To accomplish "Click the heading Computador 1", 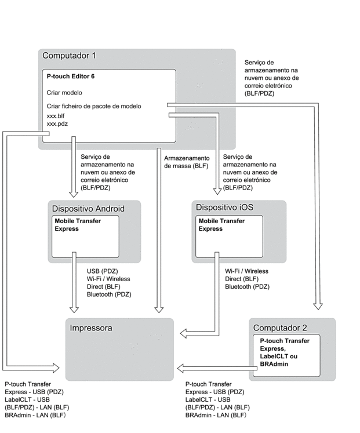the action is [69, 56].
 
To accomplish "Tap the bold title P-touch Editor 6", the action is [70, 76].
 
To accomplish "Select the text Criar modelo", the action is [64, 93].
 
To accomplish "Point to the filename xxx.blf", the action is [56, 116].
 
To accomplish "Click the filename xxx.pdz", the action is [57, 123].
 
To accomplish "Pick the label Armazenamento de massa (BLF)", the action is [187, 162].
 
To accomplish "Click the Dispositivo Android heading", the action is [88, 209].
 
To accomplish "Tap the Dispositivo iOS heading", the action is [224, 207].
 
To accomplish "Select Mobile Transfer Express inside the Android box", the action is [78, 225].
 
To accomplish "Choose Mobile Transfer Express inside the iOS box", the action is [221, 225].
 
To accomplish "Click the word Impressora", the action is [91, 328].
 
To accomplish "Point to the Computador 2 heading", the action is [280, 328].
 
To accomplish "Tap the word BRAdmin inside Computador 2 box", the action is [274, 364].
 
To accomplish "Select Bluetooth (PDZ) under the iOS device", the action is [247, 287].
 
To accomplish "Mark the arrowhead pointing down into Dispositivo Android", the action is [74, 194].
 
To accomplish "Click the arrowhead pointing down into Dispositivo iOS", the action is [217, 191].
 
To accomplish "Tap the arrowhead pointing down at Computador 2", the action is [318, 306].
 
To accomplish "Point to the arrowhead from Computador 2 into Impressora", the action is [181, 368].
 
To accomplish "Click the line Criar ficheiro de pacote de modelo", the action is [94, 106].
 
